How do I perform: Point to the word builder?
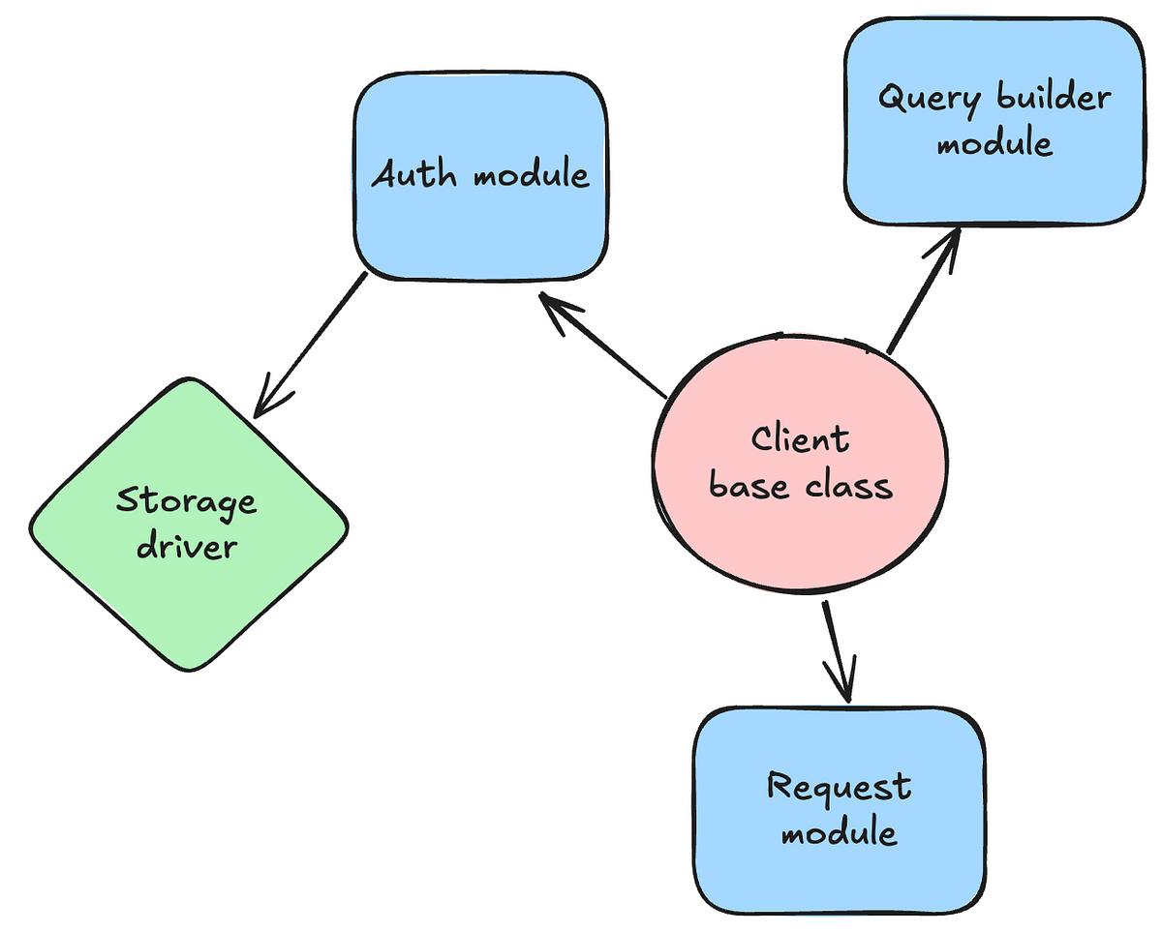(x=1053, y=98)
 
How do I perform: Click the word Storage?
(x=187, y=502)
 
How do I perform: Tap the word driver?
(x=187, y=546)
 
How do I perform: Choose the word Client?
(x=800, y=439)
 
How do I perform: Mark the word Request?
(x=839, y=786)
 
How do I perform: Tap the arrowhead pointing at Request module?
(x=842, y=682)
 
